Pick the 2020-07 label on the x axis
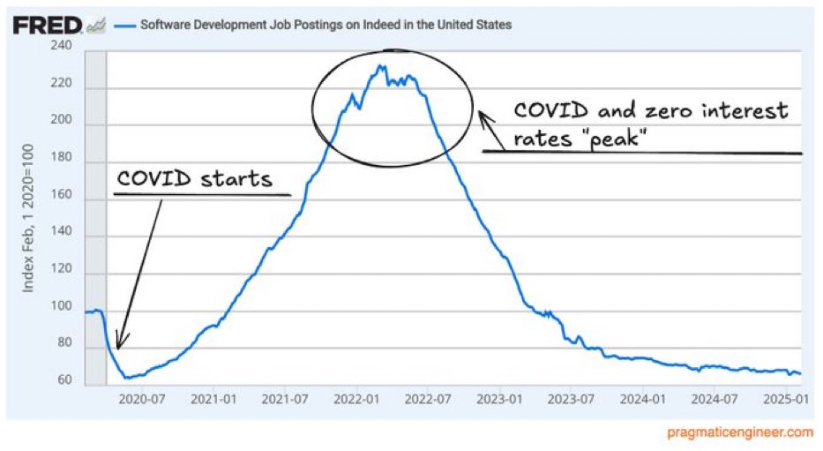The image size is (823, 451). (x=141, y=400)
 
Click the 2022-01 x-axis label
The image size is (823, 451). (x=355, y=400)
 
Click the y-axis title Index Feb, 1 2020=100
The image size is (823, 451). (x=27, y=216)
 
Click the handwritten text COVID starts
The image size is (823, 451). (x=194, y=180)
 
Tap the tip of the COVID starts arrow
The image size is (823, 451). (x=117, y=349)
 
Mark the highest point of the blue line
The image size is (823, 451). (x=379, y=64)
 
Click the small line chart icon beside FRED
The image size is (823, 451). (x=97, y=26)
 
